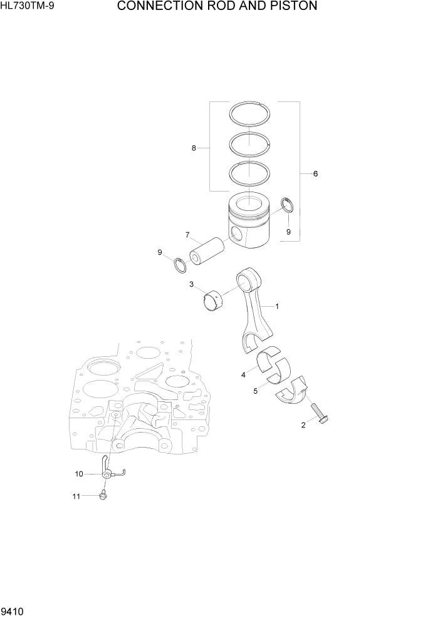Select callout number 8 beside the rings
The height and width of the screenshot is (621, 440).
(194, 148)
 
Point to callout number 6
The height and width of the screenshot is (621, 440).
(315, 173)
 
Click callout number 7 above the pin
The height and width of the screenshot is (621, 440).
(187, 235)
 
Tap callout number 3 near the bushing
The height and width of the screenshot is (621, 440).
(191, 284)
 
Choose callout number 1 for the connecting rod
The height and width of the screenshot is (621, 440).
(276, 307)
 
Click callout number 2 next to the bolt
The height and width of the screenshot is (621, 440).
(303, 425)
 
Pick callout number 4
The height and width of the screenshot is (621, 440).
(243, 375)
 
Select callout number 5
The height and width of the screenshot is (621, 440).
(255, 392)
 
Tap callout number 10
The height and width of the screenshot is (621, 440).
(79, 474)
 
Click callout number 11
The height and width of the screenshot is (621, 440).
(76, 496)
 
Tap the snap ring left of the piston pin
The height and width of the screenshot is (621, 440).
(181, 265)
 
